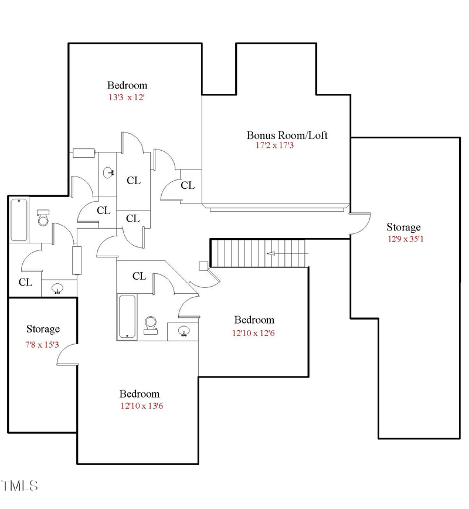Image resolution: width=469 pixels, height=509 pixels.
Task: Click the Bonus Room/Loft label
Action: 287,135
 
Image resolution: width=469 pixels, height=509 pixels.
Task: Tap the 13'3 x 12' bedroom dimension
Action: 126,97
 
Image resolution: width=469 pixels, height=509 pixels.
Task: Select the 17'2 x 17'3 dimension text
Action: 274,145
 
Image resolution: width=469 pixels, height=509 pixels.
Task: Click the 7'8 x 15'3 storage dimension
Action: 42,344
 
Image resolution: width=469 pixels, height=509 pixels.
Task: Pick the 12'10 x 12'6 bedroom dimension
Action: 254,333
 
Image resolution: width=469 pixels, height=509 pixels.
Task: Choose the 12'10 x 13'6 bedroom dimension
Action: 141,405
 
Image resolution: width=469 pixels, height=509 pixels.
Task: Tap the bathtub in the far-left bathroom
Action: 19,220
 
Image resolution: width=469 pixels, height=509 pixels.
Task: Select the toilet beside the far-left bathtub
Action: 43,218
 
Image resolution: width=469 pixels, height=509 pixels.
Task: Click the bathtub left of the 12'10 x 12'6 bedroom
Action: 127,317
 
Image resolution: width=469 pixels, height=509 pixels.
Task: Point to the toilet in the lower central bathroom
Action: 151,324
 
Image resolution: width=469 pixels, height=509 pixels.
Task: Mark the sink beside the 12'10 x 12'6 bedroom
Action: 184,332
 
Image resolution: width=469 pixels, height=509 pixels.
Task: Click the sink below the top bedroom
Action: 108,172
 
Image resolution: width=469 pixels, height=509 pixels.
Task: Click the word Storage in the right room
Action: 403,227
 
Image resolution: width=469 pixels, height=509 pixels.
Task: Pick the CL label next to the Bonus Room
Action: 188,185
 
